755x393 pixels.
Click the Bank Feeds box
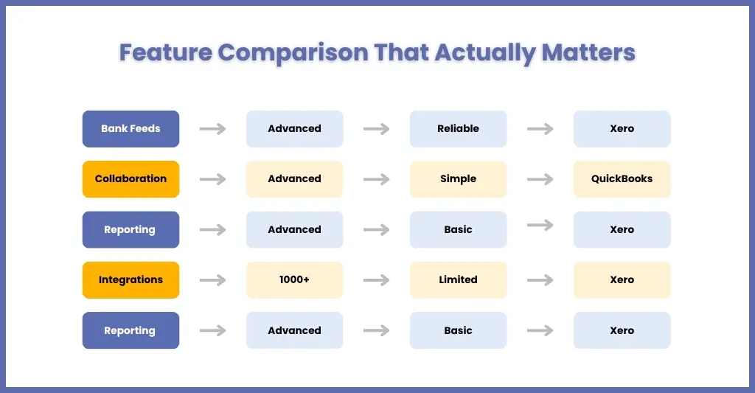coord(131,128)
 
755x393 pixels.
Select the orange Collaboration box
coord(131,178)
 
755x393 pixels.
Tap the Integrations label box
coord(131,280)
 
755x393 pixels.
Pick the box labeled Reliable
coord(458,128)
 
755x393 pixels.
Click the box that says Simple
coord(458,178)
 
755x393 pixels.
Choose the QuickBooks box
coord(622,178)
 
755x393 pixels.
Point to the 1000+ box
coord(294,280)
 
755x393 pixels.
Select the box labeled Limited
coord(458,280)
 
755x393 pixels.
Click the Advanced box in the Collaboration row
coord(294,178)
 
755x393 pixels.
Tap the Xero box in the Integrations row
coord(622,280)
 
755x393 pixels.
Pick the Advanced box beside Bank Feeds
coord(294,128)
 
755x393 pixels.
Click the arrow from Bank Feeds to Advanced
coord(213,128)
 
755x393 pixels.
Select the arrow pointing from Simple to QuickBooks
coord(540,179)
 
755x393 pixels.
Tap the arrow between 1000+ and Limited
coord(377,280)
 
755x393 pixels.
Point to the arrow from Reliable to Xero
coord(540,128)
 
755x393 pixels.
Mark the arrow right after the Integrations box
coord(213,280)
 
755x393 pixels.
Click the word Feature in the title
coord(166,52)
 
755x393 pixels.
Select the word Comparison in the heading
coord(293,53)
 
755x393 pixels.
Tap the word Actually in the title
coord(485,53)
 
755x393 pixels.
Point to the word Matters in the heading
coord(588,52)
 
